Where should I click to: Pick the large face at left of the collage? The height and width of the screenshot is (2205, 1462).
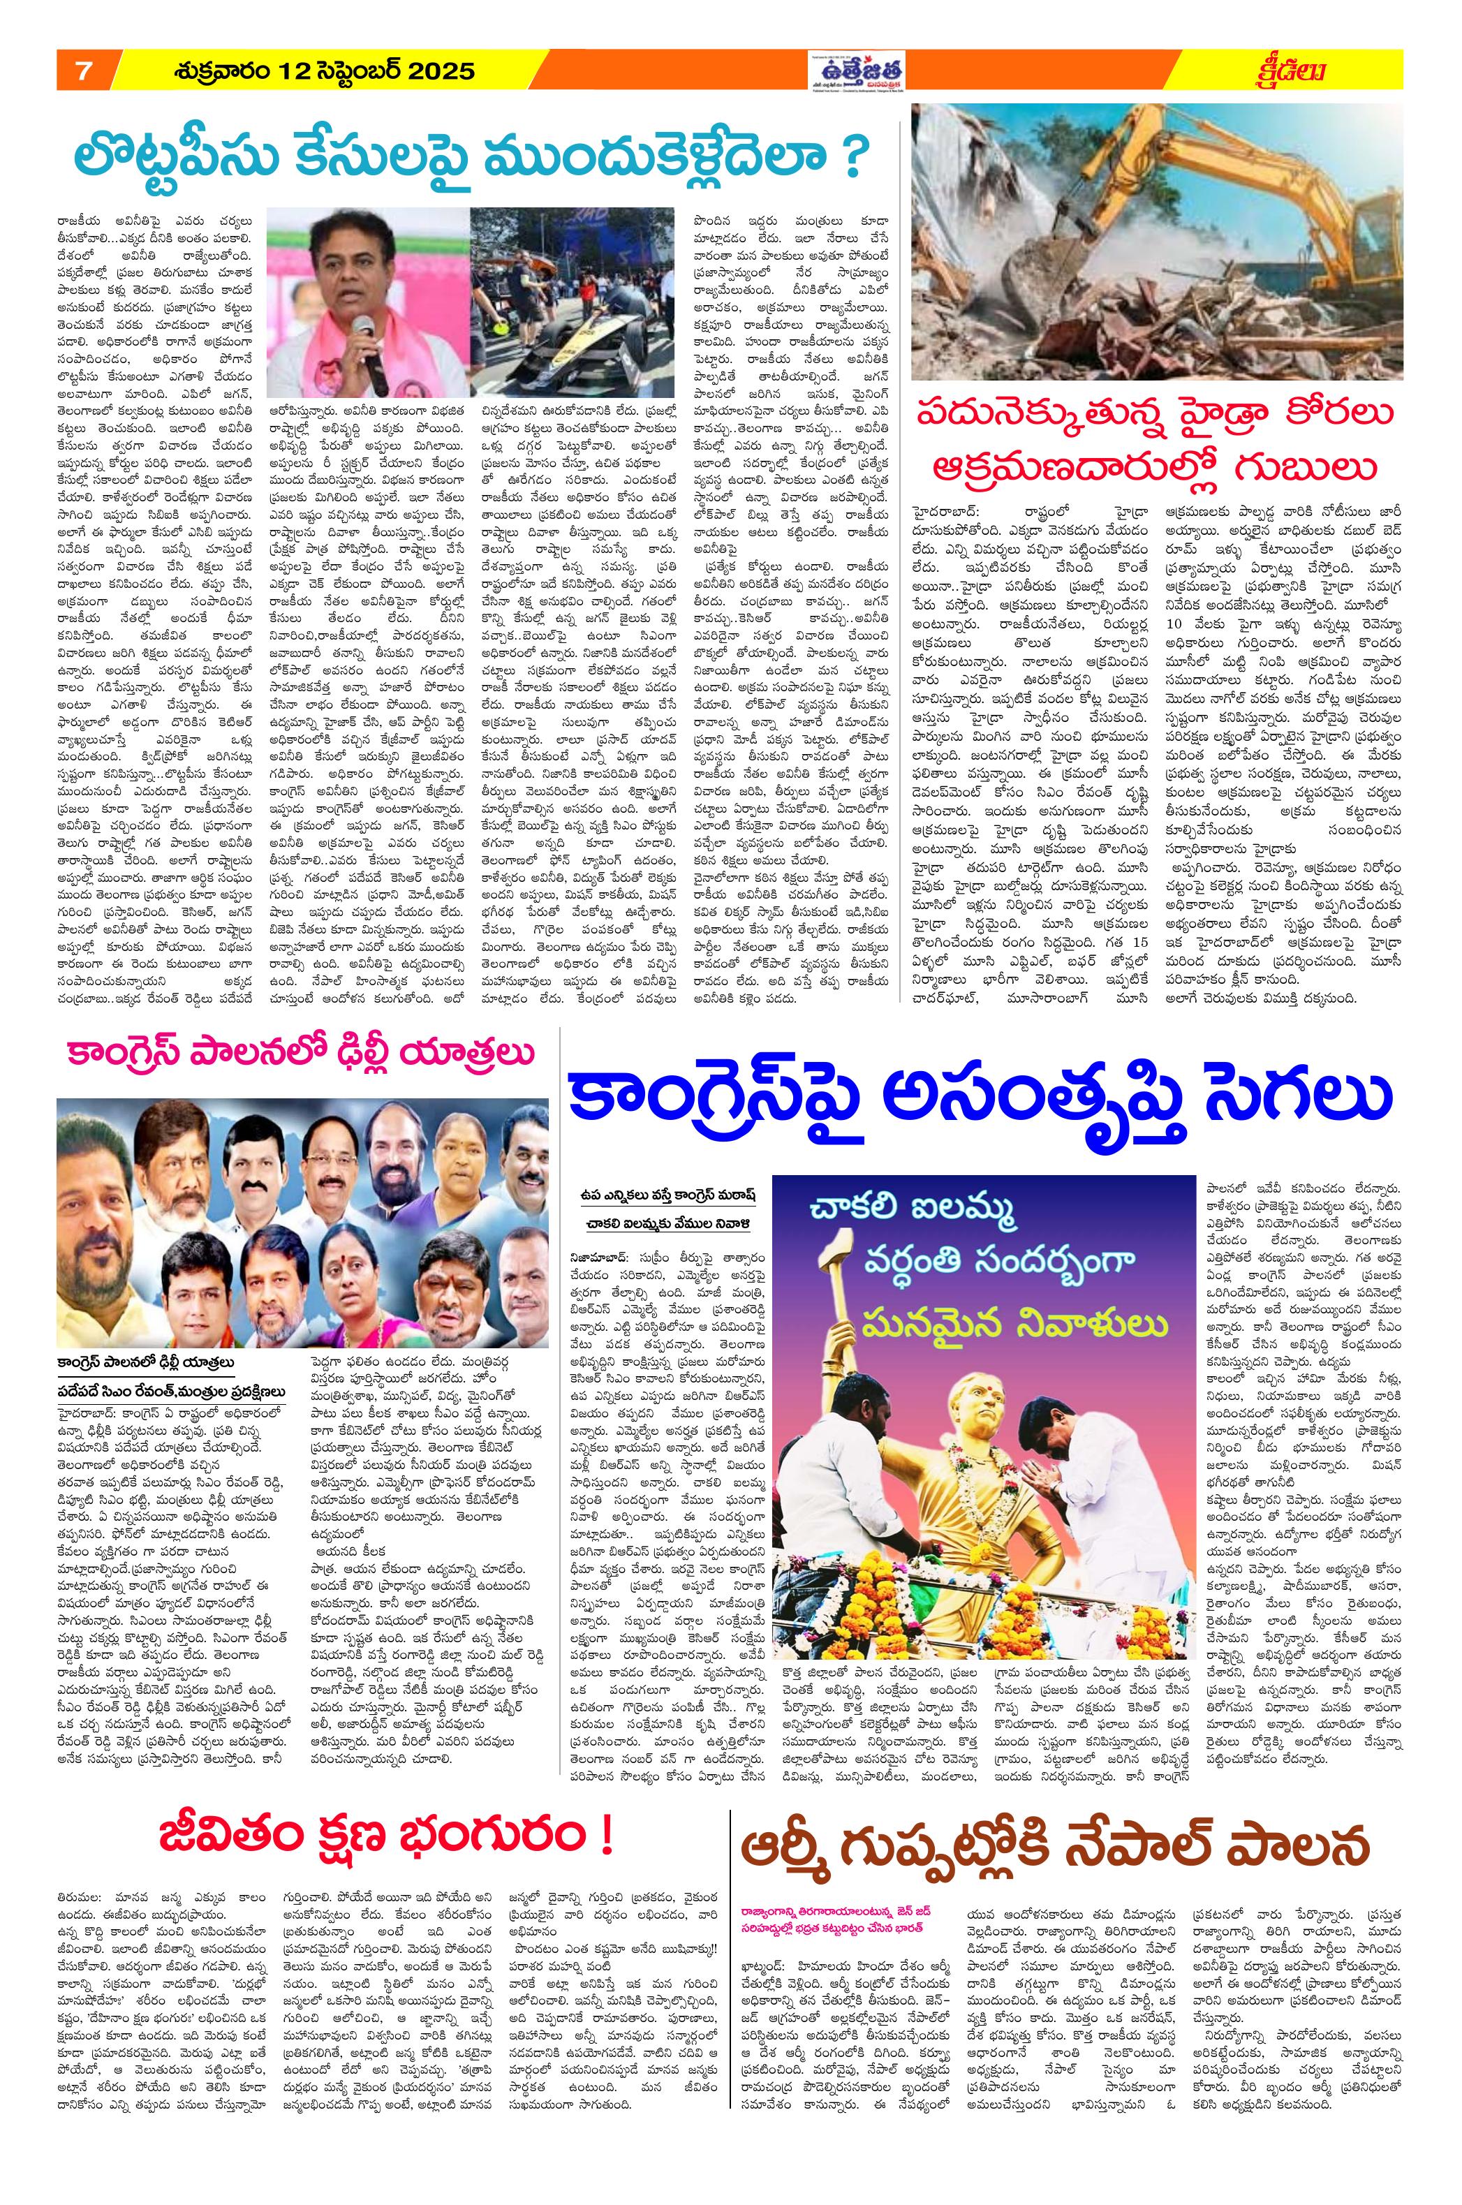click(105, 1203)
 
